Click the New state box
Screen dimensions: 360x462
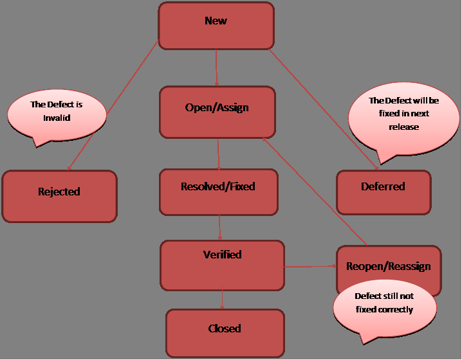pos(216,26)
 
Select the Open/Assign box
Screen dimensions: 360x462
pos(217,113)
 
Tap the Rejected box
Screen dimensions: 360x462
pos(59,196)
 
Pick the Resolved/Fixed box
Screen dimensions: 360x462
pos(218,192)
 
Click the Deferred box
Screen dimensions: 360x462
pos(383,192)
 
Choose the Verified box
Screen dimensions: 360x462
pos(222,264)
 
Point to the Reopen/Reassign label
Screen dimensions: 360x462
pos(388,266)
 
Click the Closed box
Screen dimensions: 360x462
pos(225,333)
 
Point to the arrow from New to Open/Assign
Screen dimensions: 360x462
pos(216,67)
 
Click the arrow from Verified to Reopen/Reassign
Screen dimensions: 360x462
pos(310,265)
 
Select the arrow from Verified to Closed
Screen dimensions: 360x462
pos(222,299)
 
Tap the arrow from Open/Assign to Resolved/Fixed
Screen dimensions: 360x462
pos(219,154)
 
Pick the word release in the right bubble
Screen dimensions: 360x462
pos(403,127)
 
